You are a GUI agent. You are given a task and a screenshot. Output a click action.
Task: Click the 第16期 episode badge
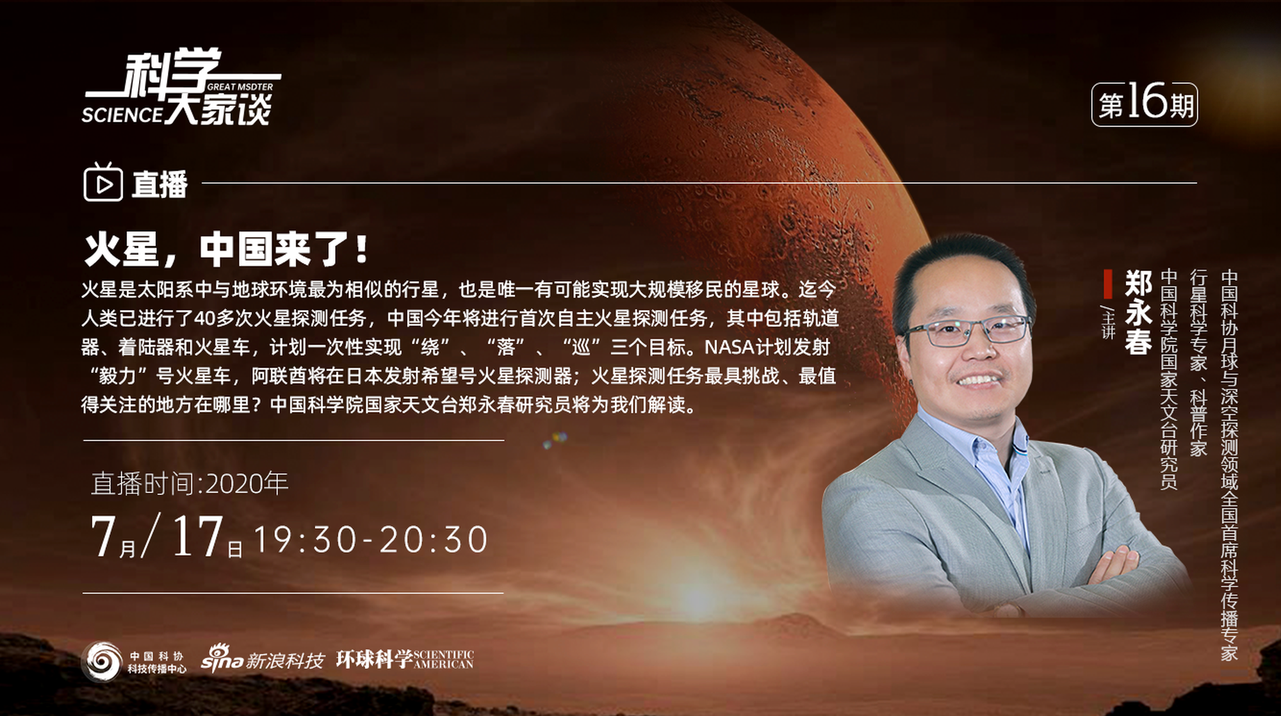coord(1144,104)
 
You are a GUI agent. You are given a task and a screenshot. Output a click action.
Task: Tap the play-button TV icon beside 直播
coord(102,183)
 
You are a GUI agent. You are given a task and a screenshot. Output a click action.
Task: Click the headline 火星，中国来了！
coord(227,250)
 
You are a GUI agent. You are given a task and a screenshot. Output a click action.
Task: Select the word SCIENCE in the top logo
coord(122,115)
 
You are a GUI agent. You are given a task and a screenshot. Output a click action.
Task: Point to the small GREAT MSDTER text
coord(240,87)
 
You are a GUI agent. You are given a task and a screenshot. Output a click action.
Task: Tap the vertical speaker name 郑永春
coord(1138,312)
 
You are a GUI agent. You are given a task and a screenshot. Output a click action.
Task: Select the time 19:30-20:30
coord(371,539)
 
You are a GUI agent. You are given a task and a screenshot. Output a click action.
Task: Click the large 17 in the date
coord(197,537)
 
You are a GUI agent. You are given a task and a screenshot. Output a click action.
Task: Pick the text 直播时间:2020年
coord(190,484)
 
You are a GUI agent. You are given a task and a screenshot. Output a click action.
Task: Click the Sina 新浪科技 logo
coord(263,659)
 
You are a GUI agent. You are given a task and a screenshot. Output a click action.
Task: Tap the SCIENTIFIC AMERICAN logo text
coord(443,660)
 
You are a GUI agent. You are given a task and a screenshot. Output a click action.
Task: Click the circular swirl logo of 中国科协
coord(102,661)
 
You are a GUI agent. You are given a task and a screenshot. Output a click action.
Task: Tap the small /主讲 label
coord(1108,322)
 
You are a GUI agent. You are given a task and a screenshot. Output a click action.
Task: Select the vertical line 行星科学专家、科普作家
coord(1198,362)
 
